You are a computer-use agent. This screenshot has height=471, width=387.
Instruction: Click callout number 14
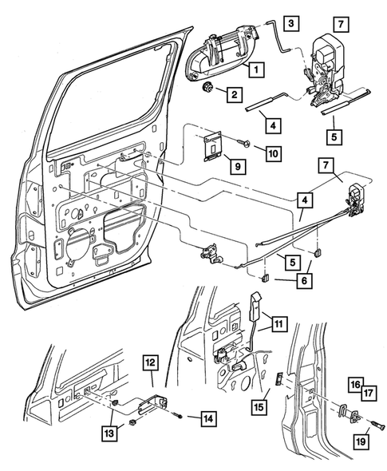click(207, 417)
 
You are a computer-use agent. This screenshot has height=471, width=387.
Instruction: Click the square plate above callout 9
click(211, 147)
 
